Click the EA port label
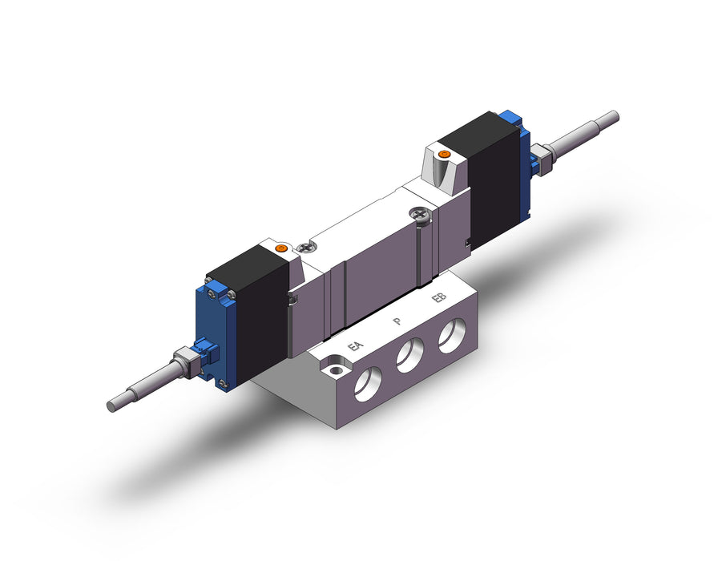click(355, 345)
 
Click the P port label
click(397, 321)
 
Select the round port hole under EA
click(369, 384)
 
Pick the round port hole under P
click(409, 355)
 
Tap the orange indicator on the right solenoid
click(445, 154)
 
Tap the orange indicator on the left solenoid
click(281, 248)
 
